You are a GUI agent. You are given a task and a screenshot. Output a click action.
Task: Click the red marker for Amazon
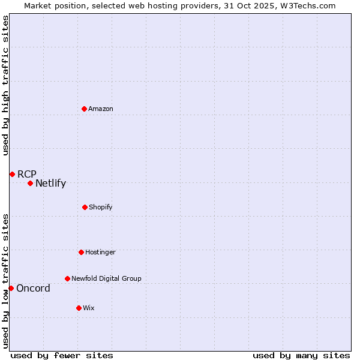pos(85,109)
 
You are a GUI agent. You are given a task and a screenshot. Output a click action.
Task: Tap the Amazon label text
pos(101,109)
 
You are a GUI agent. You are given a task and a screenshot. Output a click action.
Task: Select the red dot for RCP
pos(12,174)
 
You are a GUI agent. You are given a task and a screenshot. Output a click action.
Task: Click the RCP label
pos(27,175)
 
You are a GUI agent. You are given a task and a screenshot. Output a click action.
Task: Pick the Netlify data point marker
pos(30,183)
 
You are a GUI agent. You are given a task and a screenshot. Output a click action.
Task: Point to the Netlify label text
pos(50,184)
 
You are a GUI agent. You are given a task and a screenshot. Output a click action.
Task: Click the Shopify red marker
pos(85,207)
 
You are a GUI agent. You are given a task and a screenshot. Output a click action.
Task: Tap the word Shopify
pos(101,208)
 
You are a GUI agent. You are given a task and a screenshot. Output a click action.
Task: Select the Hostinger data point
pos(81,252)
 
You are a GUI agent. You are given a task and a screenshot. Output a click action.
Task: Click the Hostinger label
pos(100,253)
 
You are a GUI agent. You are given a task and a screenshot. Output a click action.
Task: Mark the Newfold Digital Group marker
pos(67,278)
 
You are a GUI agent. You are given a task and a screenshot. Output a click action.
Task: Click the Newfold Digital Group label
pos(106,279)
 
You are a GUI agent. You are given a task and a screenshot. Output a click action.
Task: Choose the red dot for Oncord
pos(11,288)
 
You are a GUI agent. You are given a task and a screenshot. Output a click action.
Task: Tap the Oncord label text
pos(33,289)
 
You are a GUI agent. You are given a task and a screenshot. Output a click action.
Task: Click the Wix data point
pos(79,308)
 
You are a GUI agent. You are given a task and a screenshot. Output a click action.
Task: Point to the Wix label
pos(89,308)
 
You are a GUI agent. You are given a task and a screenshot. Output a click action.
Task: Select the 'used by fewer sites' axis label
pos(62,355)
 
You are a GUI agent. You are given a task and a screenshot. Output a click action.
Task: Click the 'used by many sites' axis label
pos(301,355)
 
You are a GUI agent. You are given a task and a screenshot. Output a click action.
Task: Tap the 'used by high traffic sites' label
pos(5,85)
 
